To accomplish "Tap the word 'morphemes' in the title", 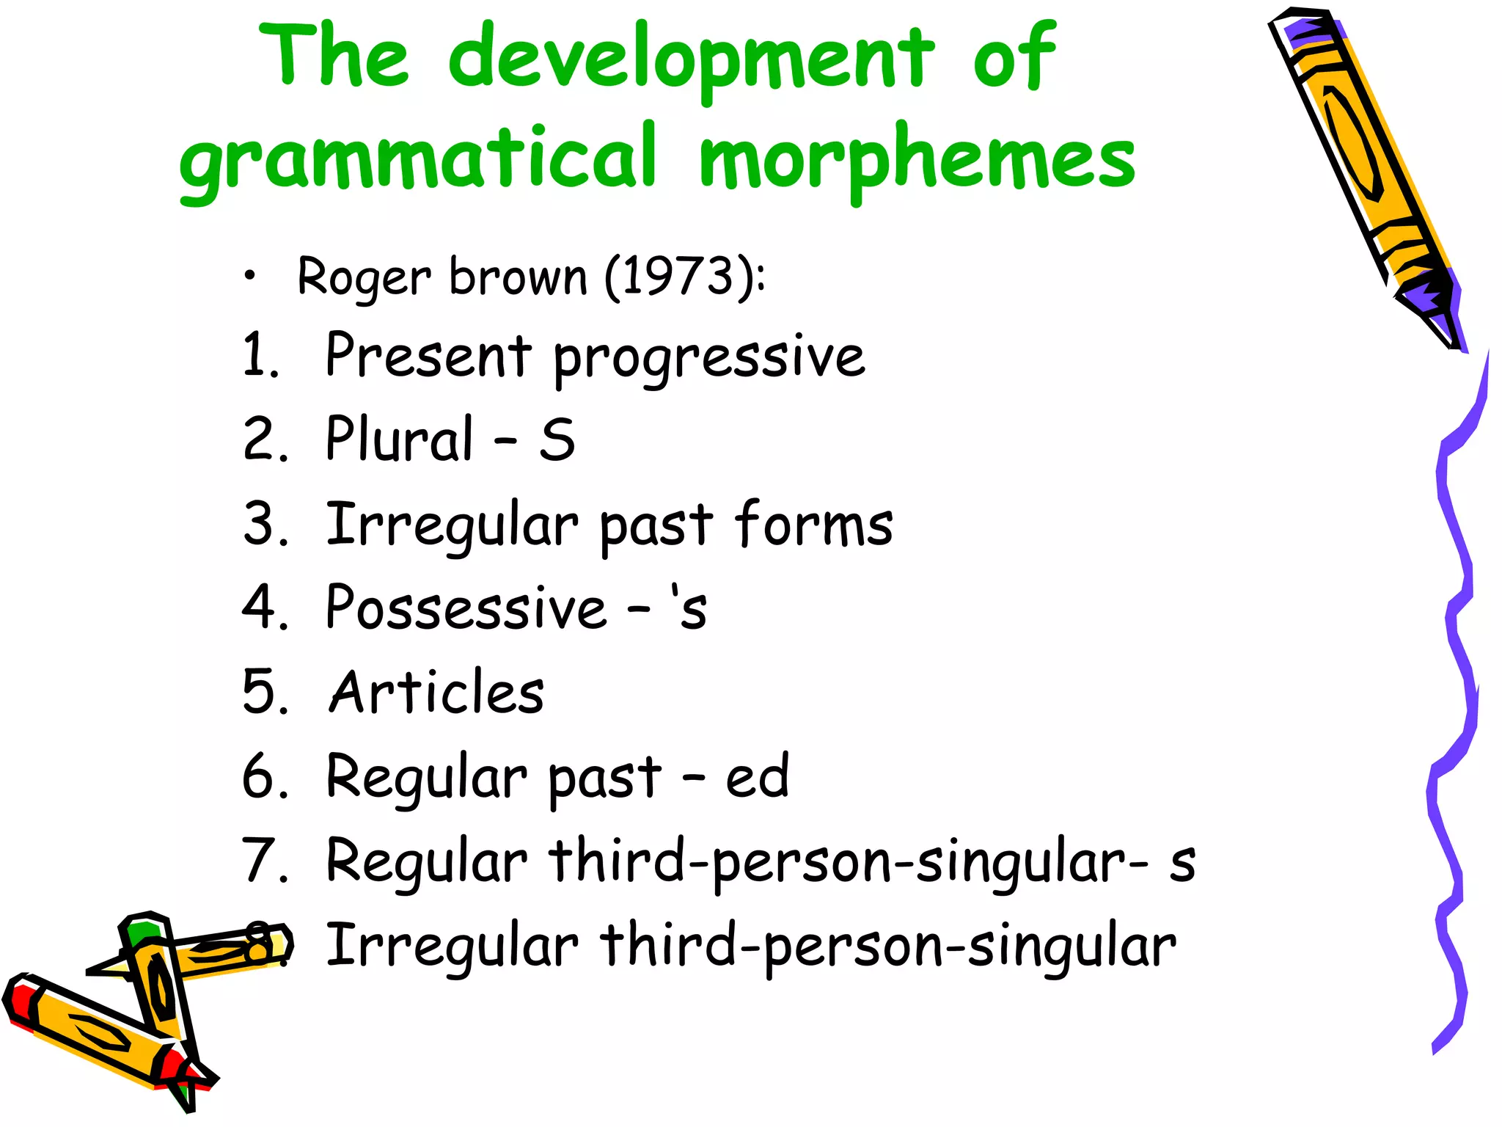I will tap(917, 158).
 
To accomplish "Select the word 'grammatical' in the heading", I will tap(418, 158).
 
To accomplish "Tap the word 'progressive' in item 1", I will tap(708, 357).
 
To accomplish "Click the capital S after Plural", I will tap(557, 440).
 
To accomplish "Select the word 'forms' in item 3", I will tap(814, 524).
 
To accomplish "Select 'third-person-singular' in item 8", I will tap(887, 947).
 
